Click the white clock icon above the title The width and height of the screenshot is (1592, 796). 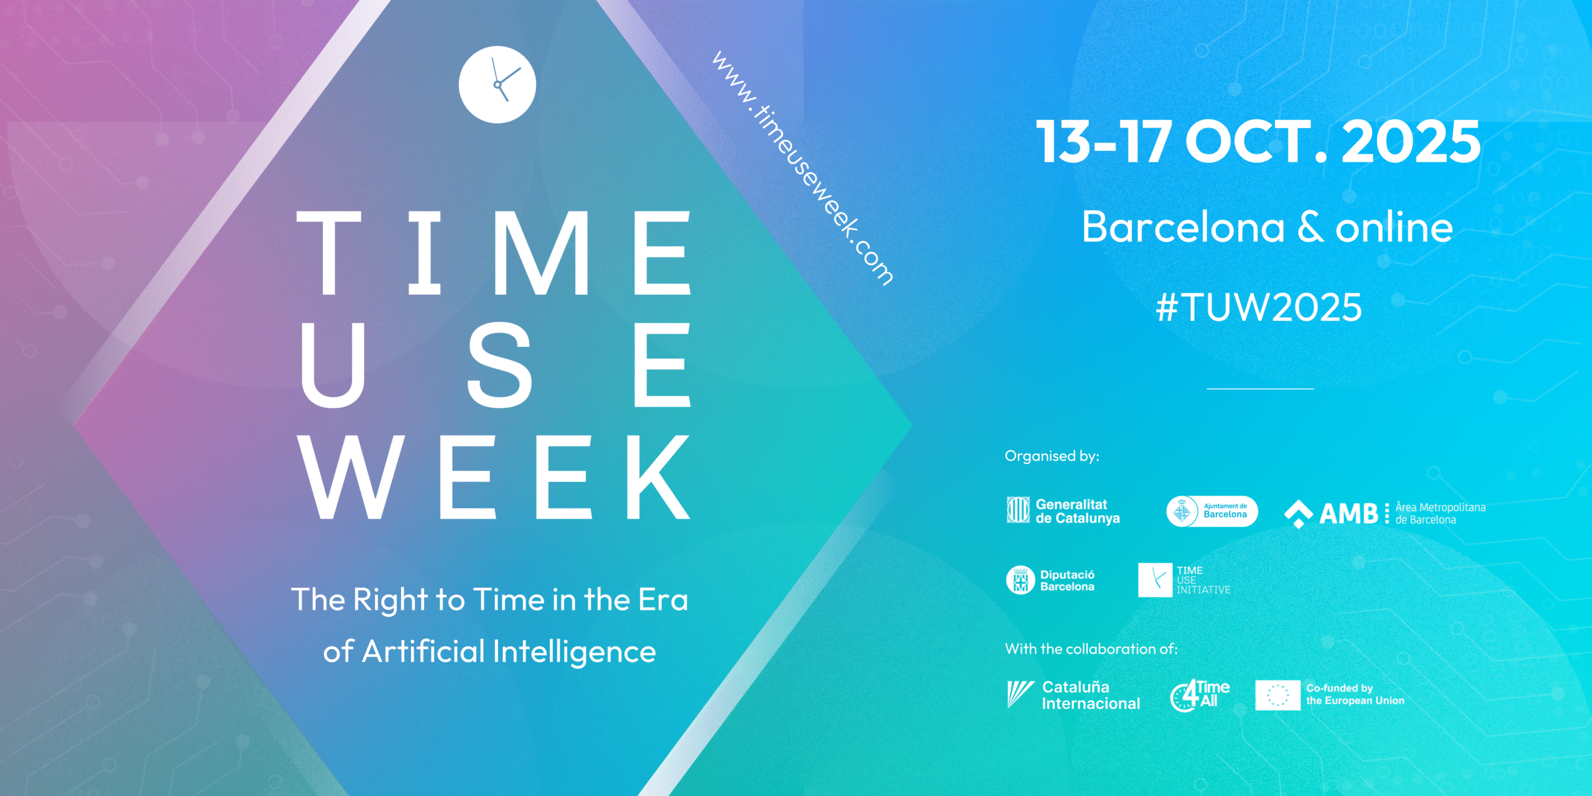(497, 85)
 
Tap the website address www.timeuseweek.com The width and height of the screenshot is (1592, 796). (803, 168)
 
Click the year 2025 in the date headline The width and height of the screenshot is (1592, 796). (1410, 142)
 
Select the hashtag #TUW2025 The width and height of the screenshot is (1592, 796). (1259, 307)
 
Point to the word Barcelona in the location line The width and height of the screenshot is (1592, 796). (1183, 227)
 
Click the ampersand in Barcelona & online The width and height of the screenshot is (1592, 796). (1310, 227)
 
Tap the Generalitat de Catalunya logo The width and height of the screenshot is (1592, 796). (1063, 511)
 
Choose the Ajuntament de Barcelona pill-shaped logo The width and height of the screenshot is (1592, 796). (1212, 511)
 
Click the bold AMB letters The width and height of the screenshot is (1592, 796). (1349, 514)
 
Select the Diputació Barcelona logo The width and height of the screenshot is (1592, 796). (1050, 580)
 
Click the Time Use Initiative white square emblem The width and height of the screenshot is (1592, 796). (1155, 580)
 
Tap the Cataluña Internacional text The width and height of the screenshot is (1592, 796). (1091, 695)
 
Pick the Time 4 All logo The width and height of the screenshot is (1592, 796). (1200, 695)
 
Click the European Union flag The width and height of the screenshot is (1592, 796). (1277, 695)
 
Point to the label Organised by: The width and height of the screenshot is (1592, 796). (1052, 456)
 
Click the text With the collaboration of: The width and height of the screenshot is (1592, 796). (1091, 649)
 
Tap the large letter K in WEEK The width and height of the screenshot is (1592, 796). (659, 476)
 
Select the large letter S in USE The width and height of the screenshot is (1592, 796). (500, 364)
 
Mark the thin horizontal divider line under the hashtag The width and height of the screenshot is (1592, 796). (1261, 389)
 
